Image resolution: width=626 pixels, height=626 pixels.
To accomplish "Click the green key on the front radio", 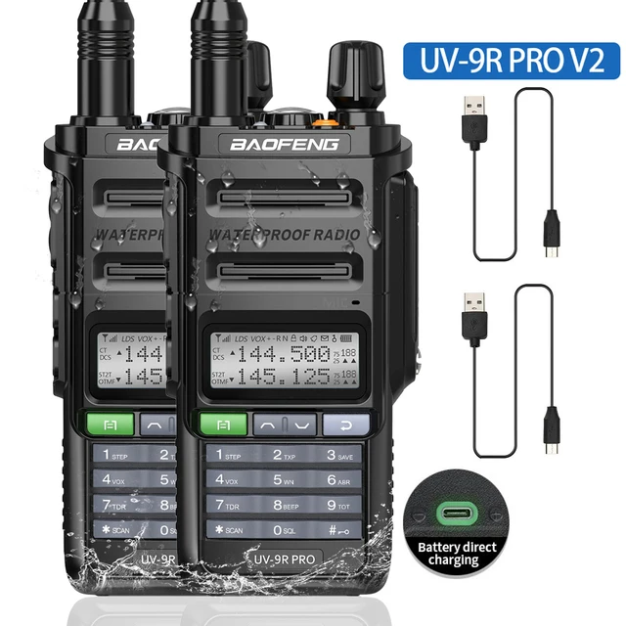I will (224, 424).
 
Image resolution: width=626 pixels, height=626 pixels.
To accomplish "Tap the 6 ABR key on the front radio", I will (343, 479).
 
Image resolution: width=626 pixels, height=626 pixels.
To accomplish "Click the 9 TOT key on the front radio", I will (343, 505).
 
